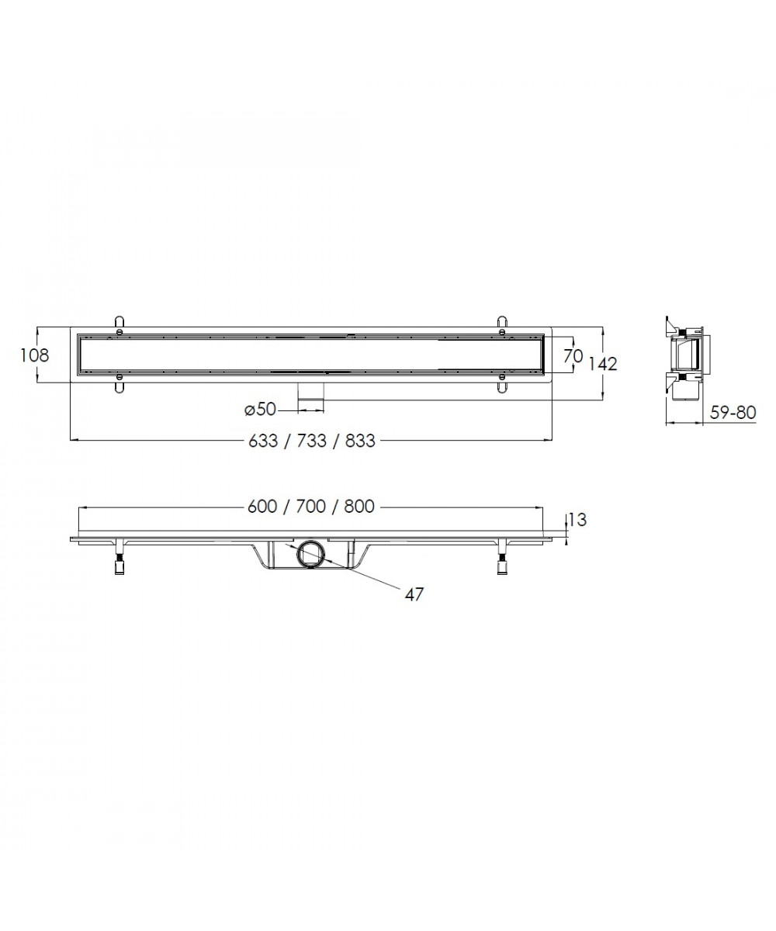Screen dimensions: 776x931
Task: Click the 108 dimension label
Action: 35,355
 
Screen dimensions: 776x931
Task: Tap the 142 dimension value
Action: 602,364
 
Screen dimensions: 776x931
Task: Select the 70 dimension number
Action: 573,356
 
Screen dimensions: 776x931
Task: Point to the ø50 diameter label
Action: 261,410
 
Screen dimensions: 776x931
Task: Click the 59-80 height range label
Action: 733,413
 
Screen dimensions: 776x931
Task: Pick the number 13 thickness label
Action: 578,520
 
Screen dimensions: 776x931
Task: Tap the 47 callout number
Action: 414,594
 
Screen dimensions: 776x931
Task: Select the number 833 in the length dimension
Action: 360,441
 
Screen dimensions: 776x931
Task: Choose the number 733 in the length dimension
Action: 311,441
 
